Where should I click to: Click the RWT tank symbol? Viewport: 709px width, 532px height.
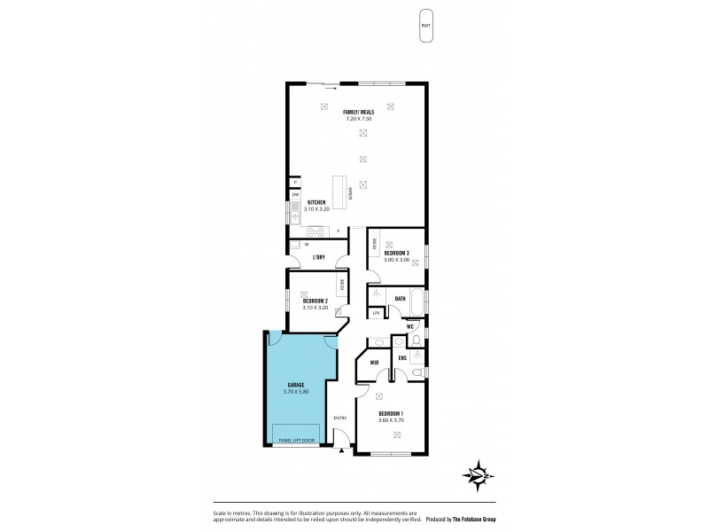pos(427,27)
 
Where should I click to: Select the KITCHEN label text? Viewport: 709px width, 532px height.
pos(317,202)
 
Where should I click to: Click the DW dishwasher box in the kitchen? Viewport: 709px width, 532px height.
pos(295,194)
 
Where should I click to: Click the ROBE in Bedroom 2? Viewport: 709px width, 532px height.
pos(340,285)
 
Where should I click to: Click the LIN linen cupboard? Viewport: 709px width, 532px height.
pos(376,313)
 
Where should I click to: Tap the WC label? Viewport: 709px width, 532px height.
pos(410,326)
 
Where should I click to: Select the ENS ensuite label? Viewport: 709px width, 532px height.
pos(402,358)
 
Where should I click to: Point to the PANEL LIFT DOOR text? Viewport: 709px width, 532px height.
pos(297,440)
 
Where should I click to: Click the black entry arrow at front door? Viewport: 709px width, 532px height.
pos(342,450)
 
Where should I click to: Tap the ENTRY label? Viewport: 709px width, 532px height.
pos(339,419)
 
